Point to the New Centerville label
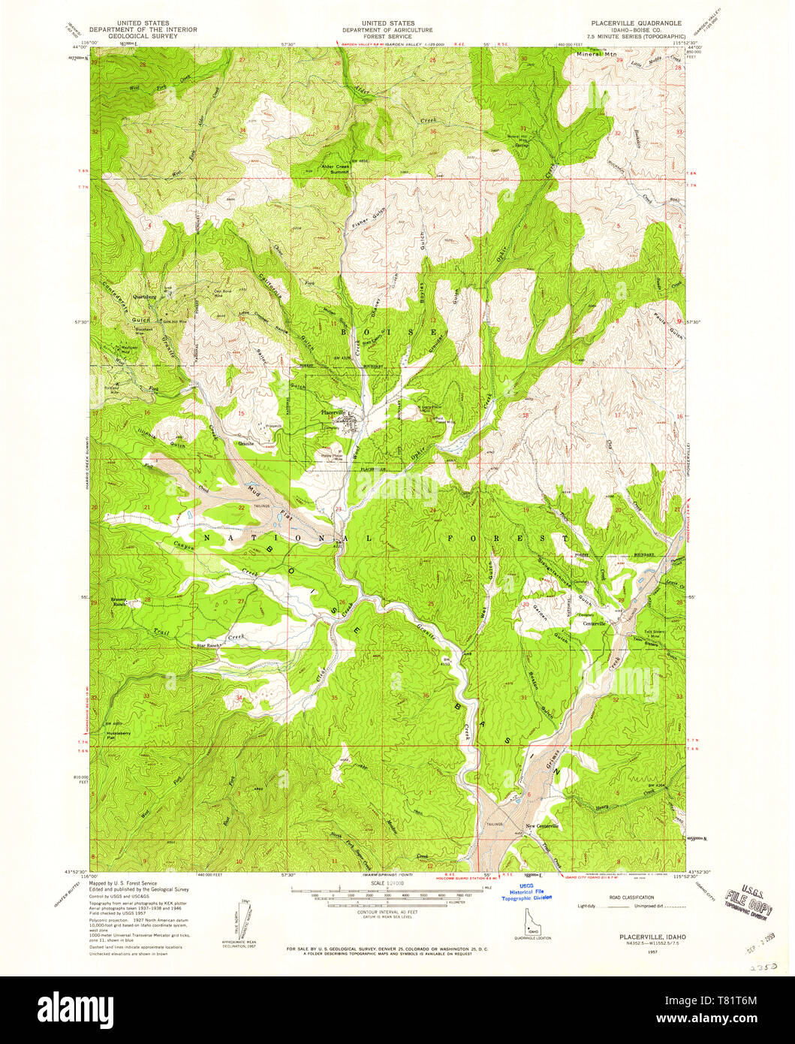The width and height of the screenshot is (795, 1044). (543, 826)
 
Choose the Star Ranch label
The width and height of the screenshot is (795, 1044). (209, 645)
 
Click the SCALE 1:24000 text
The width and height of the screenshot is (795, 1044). (387, 883)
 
